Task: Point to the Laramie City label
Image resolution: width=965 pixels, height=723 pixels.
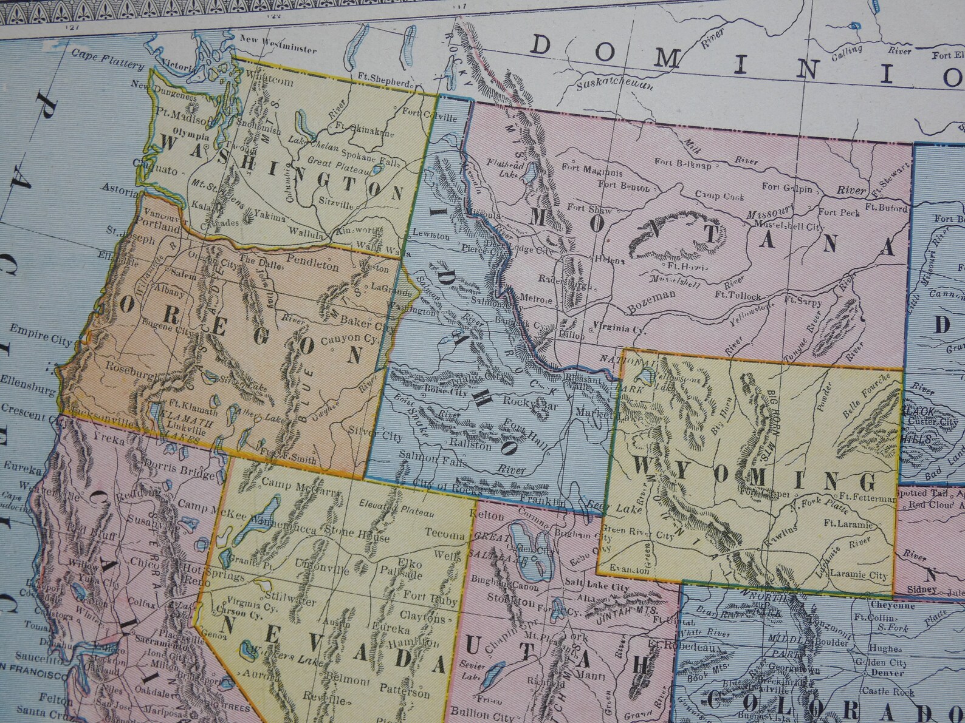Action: point(858,575)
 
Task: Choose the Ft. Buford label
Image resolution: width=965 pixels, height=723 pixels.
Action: point(886,207)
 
